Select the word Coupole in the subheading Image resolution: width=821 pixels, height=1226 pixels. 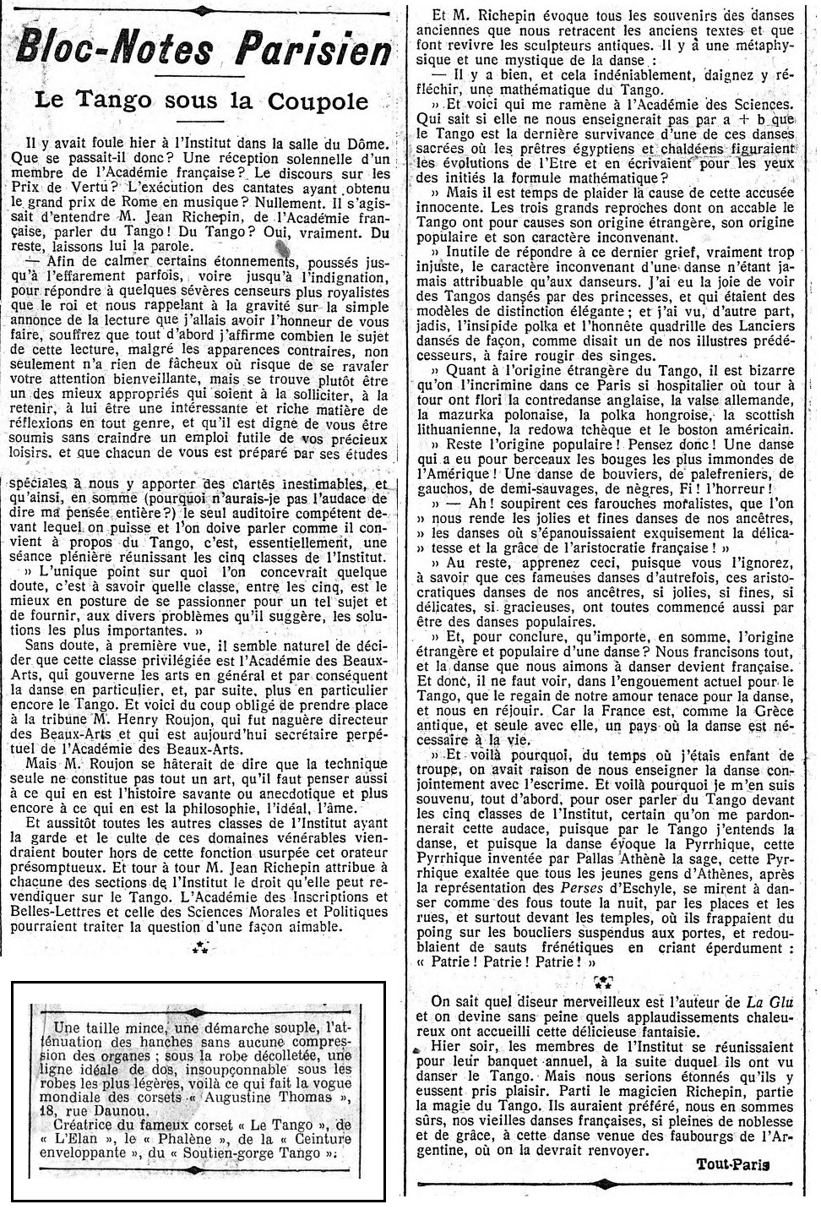coord(313,101)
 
